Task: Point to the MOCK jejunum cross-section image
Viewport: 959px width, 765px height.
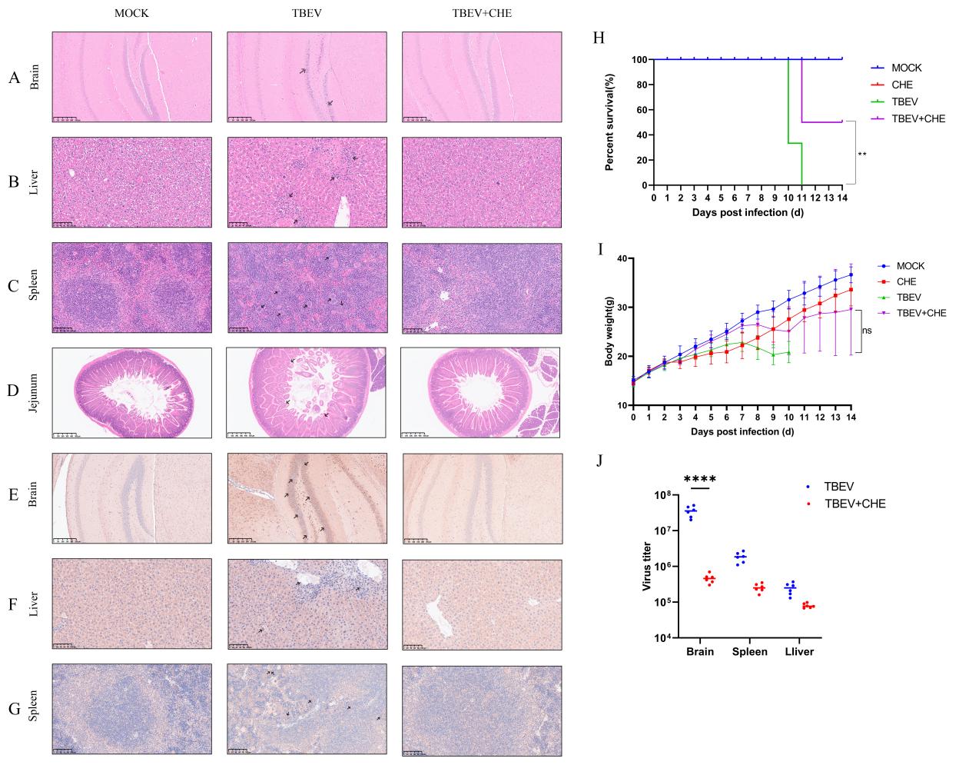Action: click(131, 393)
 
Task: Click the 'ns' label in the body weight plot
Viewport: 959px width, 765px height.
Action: click(868, 331)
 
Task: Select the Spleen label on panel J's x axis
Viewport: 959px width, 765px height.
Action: click(749, 652)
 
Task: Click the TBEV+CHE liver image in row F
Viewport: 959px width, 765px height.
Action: click(481, 599)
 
